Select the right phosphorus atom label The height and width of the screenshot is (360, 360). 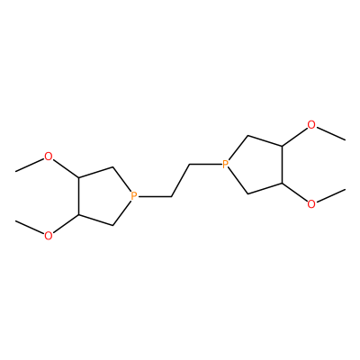click(x=226, y=164)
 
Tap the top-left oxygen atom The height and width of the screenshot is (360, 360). click(x=48, y=157)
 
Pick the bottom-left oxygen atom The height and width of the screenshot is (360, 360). click(x=48, y=236)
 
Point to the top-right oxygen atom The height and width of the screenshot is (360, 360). click(x=311, y=125)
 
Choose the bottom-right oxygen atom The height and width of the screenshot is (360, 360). click(x=311, y=204)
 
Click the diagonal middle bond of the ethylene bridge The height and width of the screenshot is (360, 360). click(x=180, y=180)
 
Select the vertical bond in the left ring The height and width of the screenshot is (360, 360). click(x=78, y=196)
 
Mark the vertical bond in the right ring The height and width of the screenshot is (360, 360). click(x=282, y=165)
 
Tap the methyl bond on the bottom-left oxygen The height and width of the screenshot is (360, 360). click(x=30, y=227)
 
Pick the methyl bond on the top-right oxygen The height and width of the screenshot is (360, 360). click(x=330, y=133)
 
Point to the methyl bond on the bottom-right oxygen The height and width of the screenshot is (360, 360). click(x=330, y=195)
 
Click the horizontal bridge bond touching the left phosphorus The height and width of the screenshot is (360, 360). click(x=155, y=196)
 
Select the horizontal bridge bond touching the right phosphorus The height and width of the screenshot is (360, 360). click(x=205, y=165)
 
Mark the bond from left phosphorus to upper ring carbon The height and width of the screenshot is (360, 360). click(x=121, y=179)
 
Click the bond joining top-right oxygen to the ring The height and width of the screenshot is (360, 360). click(x=294, y=137)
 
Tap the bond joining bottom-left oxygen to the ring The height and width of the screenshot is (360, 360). click(x=65, y=224)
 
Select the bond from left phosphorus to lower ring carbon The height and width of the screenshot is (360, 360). click(x=121, y=212)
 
